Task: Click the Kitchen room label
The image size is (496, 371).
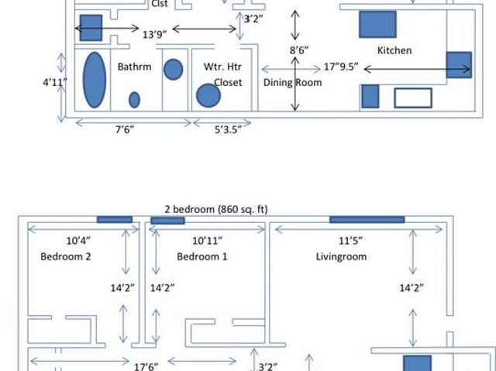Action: pyautogui.click(x=394, y=50)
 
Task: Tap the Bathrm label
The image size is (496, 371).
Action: pyautogui.click(x=134, y=67)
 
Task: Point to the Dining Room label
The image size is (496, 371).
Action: pyautogui.click(x=293, y=82)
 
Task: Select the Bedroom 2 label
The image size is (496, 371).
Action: pyautogui.click(x=66, y=256)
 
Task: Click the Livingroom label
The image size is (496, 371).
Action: pyautogui.click(x=341, y=256)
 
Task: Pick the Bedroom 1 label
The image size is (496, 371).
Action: pyautogui.click(x=202, y=256)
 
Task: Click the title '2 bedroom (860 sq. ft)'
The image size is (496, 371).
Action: pyautogui.click(x=216, y=209)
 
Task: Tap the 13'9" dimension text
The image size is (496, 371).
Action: pyautogui.click(x=155, y=34)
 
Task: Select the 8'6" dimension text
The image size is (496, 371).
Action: pyautogui.click(x=299, y=50)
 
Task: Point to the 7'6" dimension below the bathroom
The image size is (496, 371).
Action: pyautogui.click(x=125, y=129)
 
